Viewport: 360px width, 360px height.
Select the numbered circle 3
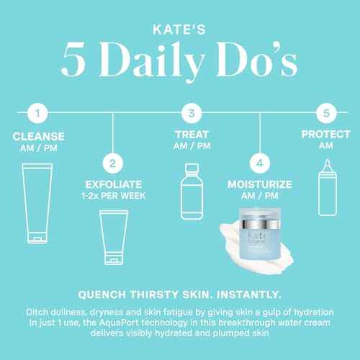190,113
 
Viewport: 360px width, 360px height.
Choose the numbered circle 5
327,113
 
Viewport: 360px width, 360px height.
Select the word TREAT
190,135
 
